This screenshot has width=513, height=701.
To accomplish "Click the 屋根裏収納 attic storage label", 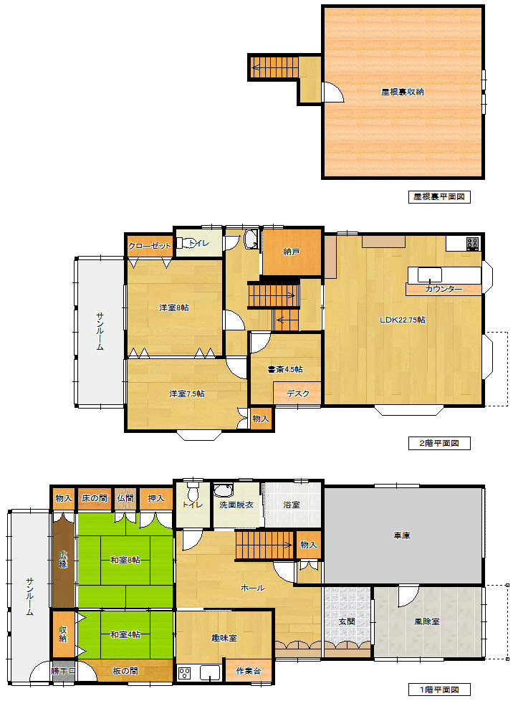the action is tap(402, 92).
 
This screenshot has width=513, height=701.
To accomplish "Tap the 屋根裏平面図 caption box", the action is tap(439, 196).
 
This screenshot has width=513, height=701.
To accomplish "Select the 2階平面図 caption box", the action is tap(439, 443).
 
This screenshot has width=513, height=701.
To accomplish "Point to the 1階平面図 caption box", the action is tap(439, 690).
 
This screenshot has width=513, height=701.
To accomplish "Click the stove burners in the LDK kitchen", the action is tap(473, 244).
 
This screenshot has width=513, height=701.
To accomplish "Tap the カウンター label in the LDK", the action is tap(444, 290).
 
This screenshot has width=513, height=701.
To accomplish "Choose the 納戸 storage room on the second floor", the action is tap(292, 252).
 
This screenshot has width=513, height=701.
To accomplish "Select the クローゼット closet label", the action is tap(150, 246).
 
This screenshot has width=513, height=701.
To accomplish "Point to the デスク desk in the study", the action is tap(297, 394).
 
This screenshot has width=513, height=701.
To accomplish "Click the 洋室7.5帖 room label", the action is tap(187, 394).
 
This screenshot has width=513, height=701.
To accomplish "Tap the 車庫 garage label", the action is tap(402, 535).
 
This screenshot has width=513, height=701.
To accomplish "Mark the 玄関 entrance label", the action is tap(347, 621).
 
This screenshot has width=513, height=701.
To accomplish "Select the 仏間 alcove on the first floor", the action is tap(125, 498).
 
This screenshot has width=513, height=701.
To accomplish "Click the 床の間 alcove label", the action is tap(95, 498).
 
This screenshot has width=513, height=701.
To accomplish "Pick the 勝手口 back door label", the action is tap(63, 671).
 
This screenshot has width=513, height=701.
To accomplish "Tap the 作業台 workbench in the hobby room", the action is tap(249, 671).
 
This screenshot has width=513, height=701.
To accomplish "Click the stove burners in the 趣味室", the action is tap(185, 673).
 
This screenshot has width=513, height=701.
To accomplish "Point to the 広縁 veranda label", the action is tap(63, 560).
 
